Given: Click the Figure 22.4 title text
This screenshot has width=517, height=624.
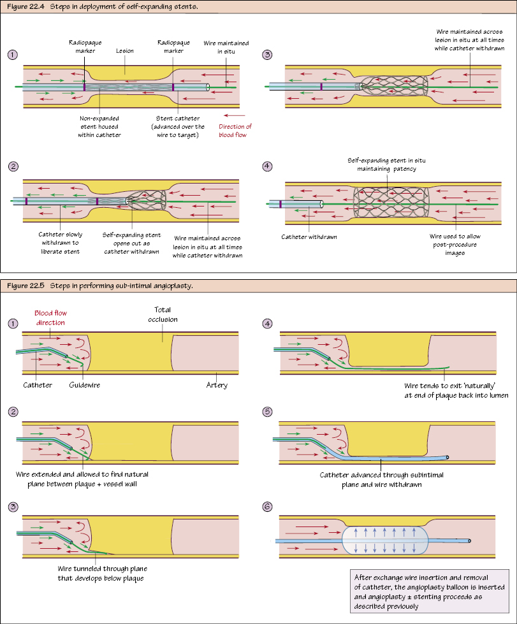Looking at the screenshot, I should pos(90,6).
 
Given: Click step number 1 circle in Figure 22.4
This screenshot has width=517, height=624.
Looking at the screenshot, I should pos(13,54).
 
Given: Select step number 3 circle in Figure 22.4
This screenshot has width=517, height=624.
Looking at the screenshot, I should pos(267,54).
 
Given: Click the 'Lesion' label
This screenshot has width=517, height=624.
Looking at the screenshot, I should pos(125,50).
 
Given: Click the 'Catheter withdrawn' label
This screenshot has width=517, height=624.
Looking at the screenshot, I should pos(309,237).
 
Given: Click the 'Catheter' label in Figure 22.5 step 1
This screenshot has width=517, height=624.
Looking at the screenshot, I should pos(38,386).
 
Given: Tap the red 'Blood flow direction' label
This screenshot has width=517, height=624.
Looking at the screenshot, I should pos(50,318).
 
